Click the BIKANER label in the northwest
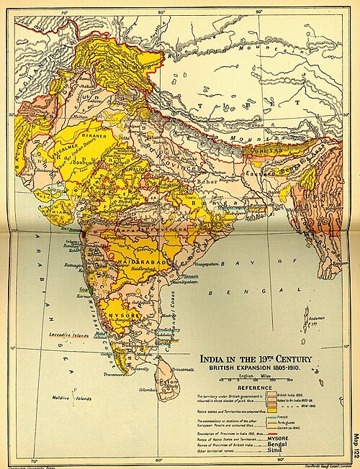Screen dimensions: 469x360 tap(91, 135)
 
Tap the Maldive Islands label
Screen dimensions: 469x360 tap(70, 396)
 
